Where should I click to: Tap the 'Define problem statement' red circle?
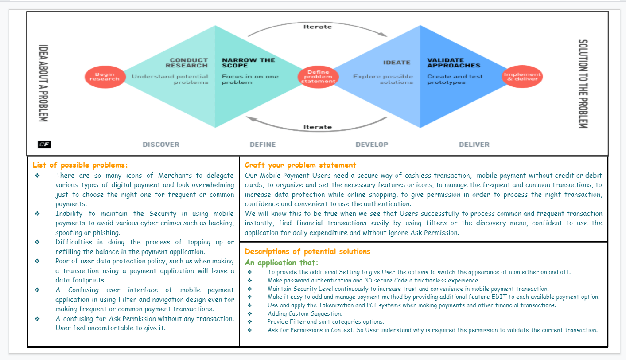318,77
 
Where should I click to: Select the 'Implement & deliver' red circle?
522,77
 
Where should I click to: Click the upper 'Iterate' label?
317,27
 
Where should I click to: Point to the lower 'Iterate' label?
317,127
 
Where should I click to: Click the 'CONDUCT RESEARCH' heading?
189,63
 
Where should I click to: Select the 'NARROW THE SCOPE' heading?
248,63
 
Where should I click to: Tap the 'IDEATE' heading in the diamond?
397,63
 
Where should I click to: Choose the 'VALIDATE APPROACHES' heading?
453,63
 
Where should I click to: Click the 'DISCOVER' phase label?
161,145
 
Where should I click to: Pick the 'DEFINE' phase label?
263,145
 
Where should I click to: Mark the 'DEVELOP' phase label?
372,145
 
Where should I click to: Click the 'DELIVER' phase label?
474,145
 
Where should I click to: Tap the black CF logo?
44,144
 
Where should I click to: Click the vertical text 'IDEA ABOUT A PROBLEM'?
43,83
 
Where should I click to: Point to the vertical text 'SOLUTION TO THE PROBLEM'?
583,84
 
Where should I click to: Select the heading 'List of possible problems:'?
80,165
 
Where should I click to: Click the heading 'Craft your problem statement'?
300,165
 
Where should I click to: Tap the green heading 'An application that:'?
281,262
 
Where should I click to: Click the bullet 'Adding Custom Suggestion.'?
305,313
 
